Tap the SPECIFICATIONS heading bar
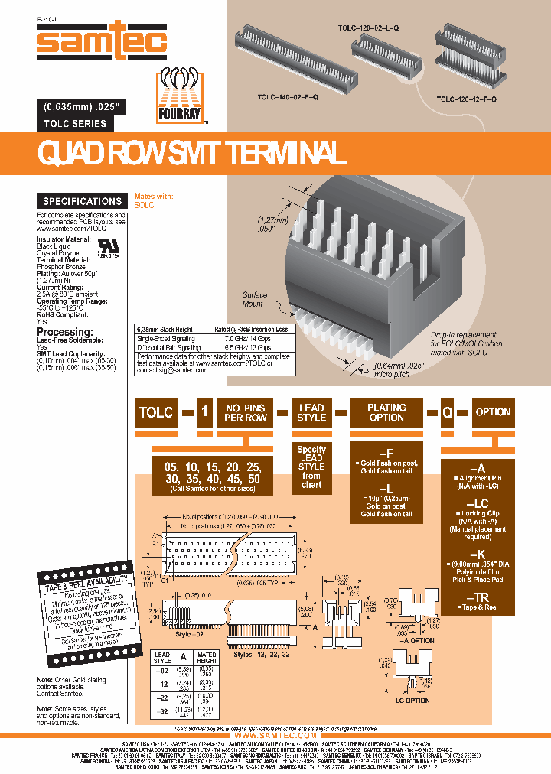(82, 201)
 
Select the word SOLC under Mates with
(145, 206)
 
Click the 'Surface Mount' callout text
(255, 299)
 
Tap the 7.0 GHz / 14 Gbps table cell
(244, 337)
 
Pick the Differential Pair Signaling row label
(170, 346)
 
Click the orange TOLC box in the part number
(156, 412)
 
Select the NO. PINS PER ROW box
(245, 413)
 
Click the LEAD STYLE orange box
(311, 413)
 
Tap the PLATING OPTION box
(386, 413)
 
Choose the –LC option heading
(477, 502)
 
